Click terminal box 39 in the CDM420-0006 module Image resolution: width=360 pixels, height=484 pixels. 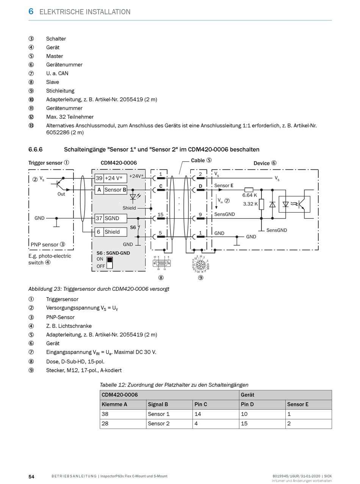pyautogui.click(x=99, y=178)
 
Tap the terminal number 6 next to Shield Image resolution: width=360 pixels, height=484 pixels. pyautogui.click(x=99, y=232)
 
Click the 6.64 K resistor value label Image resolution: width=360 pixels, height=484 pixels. pyautogui.click(x=250, y=195)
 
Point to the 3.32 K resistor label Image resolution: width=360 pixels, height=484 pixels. pyautogui.click(x=250, y=204)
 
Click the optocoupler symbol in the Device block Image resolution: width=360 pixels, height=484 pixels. pyautogui.click(x=294, y=204)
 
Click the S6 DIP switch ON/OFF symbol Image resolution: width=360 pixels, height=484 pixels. pyautogui.click(x=110, y=263)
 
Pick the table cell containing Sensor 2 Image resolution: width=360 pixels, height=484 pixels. pyautogui.click(x=169, y=423)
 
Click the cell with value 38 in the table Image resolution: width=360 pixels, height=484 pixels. pyautogui.click(x=123, y=414)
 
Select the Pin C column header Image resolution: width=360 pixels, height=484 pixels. pyautogui.click(x=216, y=404)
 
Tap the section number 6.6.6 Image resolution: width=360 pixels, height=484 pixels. pyautogui.click(x=35, y=149)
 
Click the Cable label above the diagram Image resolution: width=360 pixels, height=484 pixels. pyautogui.click(x=198, y=160)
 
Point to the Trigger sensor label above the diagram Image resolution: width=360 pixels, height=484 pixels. pyautogui.click(x=45, y=163)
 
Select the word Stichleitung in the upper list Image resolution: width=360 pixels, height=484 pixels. pyautogui.click(x=60, y=91)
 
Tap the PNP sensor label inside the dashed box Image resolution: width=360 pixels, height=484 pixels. pyautogui.click(x=45, y=244)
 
